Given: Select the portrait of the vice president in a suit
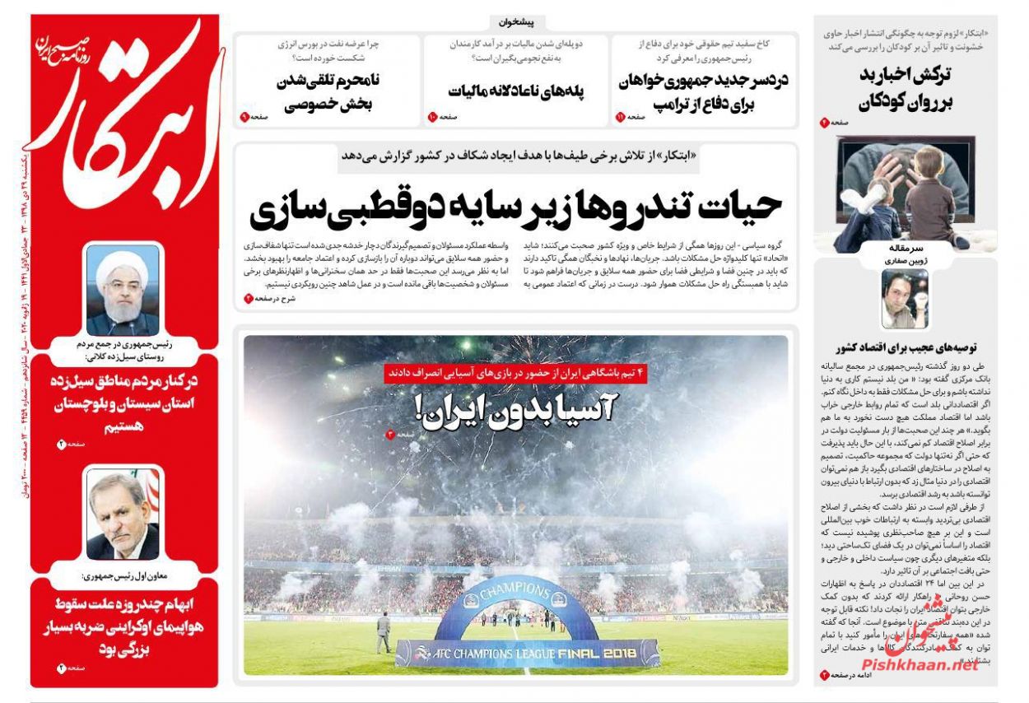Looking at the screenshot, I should [123, 514].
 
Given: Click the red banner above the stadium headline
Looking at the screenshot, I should [516, 372].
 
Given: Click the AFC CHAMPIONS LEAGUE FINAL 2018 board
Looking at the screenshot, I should [527, 652].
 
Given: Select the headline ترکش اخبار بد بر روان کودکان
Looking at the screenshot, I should [904, 87].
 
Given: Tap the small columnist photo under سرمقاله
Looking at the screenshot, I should [904, 298].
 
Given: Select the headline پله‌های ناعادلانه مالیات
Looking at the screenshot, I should [514, 91].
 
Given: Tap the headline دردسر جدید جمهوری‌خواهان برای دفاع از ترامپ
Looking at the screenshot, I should [702, 92].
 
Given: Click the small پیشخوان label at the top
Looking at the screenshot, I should [516, 22].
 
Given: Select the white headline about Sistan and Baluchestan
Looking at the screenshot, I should [123, 404].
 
